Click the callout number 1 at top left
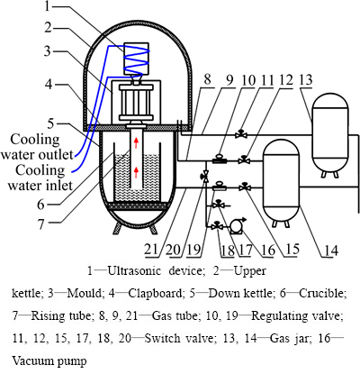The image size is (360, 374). click(47, 6)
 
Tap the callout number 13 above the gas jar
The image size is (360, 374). click(306, 80)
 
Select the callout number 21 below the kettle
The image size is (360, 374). click(151, 250)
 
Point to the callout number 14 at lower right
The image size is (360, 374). click(330, 250)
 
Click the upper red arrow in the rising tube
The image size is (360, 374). click(136, 142)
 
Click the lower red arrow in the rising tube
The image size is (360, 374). click(136, 173)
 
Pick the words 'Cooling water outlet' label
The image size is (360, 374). click(37, 147)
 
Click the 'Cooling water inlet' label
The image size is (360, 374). click(40, 178)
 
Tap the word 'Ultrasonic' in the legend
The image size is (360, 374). click(134, 270)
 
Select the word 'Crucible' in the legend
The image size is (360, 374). click(323, 293)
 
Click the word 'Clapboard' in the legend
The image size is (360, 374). click(156, 293)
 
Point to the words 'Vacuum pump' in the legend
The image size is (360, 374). click(49, 360)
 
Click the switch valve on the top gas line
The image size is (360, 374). click(241, 133)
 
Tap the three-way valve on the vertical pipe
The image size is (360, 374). click(206, 177)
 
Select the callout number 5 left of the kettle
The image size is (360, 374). click(51, 123)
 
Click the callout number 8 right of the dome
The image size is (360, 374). click(207, 80)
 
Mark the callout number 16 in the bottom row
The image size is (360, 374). click(268, 250)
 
